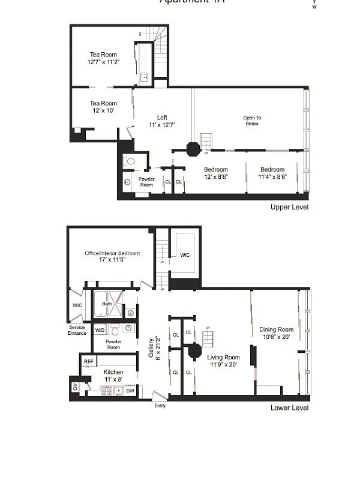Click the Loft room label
pyautogui.click(x=162, y=118)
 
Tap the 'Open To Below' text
pyautogui.click(x=252, y=121)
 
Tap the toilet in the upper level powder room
pyautogui.click(x=130, y=161)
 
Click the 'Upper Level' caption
pyautogui.click(x=289, y=207)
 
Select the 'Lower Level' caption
pyautogui.click(x=289, y=408)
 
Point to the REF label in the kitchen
pyautogui.click(x=88, y=361)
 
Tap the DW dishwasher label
pyautogui.click(x=130, y=391)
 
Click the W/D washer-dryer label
pyautogui.click(x=100, y=330)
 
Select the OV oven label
pyautogui.click(x=76, y=388)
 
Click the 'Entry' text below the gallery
pyautogui.click(x=160, y=406)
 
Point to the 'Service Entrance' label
pyautogui.click(x=77, y=330)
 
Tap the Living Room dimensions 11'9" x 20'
pyautogui.click(x=224, y=364)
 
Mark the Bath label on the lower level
pyautogui.click(x=107, y=304)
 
